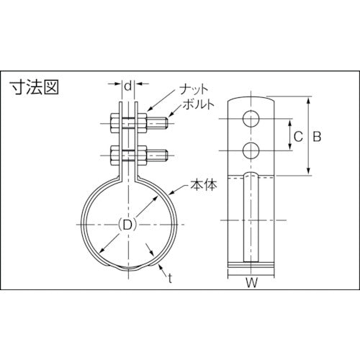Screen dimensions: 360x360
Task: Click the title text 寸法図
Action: click(x=33, y=88)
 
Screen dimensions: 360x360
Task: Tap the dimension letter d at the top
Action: click(x=127, y=86)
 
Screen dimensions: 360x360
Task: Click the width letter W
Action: click(x=251, y=283)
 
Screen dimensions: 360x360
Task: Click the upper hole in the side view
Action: click(x=251, y=118)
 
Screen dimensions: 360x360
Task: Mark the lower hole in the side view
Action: click(x=251, y=150)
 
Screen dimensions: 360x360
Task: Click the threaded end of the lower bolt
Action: click(x=161, y=156)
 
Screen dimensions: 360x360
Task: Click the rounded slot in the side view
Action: click(x=251, y=216)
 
